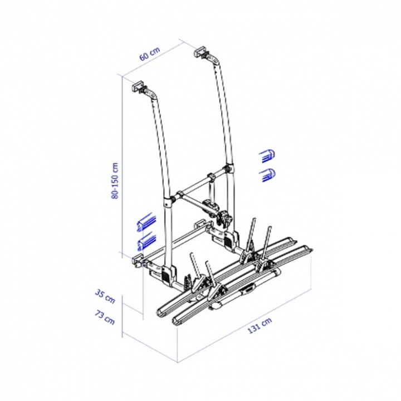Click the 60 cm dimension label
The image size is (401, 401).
[x=150, y=53]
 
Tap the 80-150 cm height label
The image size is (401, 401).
[x=115, y=180]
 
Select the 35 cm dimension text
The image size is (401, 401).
[x=105, y=296]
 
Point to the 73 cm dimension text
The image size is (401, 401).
[x=105, y=317]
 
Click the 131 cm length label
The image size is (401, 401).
[x=260, y=325]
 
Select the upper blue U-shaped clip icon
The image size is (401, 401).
[x=267, y=155]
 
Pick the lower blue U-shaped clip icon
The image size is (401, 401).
[x=267, y=175]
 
